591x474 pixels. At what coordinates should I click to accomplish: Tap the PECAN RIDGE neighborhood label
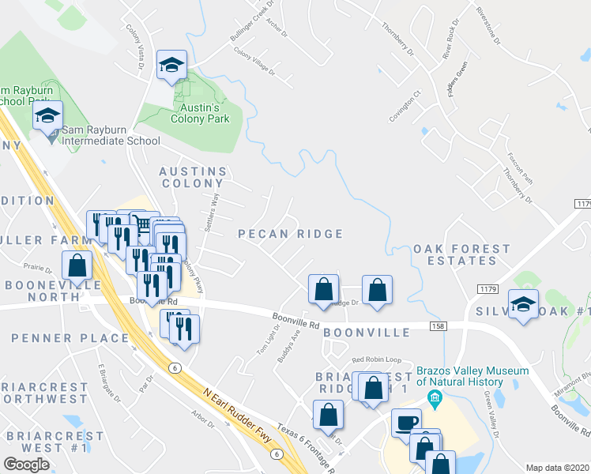pyautogui.click(x=291, y=234)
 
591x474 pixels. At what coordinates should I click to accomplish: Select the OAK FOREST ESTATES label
pyautogui.click(x=462, y=254)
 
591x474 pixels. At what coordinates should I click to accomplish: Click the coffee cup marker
pyautogui.click(x=407, y=423)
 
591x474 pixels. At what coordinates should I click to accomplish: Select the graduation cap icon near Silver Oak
pyautogui.click(x=522, y=304)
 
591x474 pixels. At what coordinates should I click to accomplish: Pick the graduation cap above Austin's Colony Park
pyautogui.click(x=171, y=66)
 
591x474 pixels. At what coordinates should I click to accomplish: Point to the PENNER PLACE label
pyautogui.click(x=70, y=338)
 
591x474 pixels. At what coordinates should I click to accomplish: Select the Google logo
pyautogui.click(x=26, y=464)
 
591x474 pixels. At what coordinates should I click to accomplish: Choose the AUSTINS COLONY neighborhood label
pyautogui.click(x=193, y=177)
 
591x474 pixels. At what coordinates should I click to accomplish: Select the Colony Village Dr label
pyautogui.click(x=254, y=61)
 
